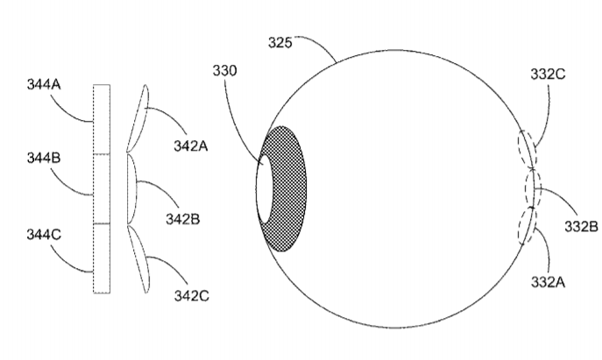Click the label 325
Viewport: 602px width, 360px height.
(x=280, y=43)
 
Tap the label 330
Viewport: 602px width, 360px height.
(x=224, y=71)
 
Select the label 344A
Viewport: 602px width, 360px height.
(x=44, y=84)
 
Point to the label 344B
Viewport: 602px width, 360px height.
(x=44, y=158)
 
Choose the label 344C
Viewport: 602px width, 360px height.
(x=44, y=235)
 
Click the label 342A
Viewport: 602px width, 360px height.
(x=191, y=146)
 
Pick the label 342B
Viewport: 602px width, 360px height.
(x=183, y=219)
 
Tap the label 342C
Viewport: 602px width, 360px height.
(x=192, y=296)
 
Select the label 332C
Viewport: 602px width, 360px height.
(x=548, y=74)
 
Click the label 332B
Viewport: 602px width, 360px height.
(x=581, y=227)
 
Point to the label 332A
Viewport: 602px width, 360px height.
(x=548, y=282)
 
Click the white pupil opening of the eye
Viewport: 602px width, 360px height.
(x=264, y=188)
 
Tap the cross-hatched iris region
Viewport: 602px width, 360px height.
(x=288, y=188)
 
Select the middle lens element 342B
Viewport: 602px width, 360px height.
(x=131, y=188)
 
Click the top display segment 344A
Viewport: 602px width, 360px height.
(x=102, y=119)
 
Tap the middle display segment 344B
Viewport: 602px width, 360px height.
(x=102, y=189)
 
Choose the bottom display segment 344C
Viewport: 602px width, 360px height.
(x=102, y=258)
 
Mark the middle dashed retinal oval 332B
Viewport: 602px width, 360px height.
(x=533, y=188)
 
